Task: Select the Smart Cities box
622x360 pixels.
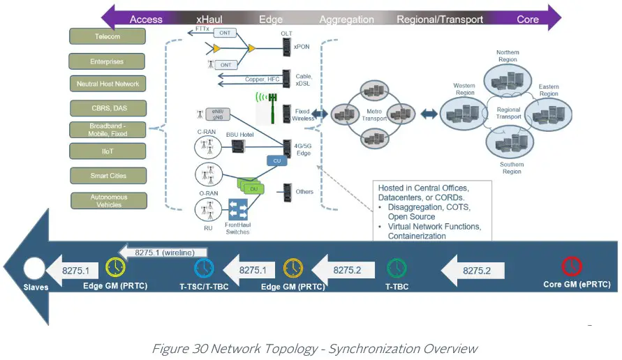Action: tap(108, 175)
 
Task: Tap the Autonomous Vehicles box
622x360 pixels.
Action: tap(108, 201)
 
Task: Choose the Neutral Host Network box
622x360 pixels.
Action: tap(108, 84)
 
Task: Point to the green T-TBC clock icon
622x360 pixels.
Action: tap(396, 268)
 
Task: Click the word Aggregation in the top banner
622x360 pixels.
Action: tap(348, 19)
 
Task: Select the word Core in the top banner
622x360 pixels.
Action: tap(527, 19)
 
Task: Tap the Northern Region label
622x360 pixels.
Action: tap(507, 56)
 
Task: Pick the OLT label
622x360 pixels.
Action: tap(286, 33)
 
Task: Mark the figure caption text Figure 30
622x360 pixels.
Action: tap(182, 348)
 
